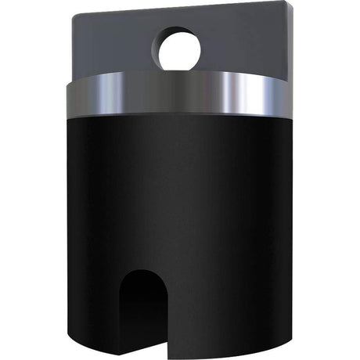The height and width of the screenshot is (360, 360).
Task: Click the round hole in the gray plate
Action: [x=180, y=49]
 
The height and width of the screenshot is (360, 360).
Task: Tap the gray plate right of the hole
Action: [x=243, y=47]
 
